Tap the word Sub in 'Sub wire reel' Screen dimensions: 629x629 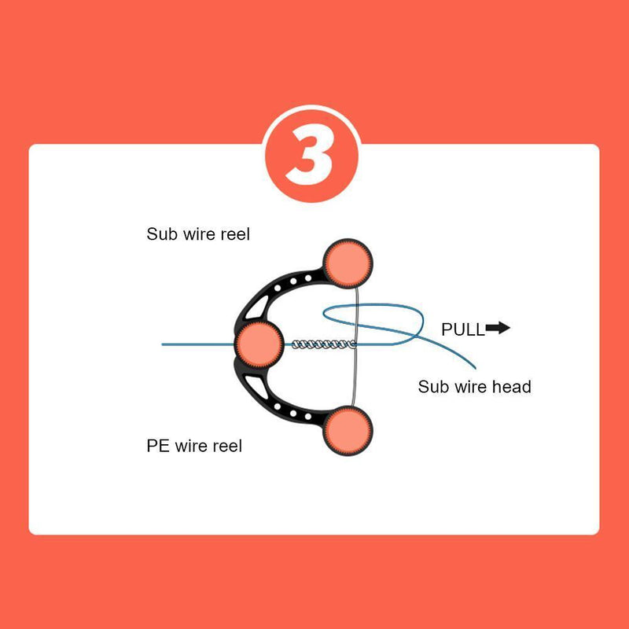point(161,234)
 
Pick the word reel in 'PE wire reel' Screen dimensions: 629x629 point(226,446)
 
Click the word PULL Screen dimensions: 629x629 point(463,329)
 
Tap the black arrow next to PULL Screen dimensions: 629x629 point(498,328)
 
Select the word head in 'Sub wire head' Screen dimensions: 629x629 point(511,386)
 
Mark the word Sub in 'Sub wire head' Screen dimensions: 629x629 point(432,386)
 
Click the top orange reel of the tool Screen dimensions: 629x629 point(347,263)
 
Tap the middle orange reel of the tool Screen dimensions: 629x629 point(259,343)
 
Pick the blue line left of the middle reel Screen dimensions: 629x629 point(197,344)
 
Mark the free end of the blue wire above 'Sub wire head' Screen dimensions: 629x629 point(476,366)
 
